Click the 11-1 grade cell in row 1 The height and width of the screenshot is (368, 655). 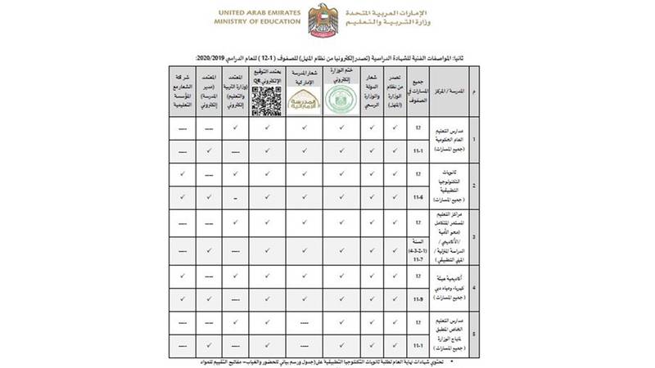click(420, 151)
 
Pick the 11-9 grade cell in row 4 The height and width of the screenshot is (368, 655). click(420, 300)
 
